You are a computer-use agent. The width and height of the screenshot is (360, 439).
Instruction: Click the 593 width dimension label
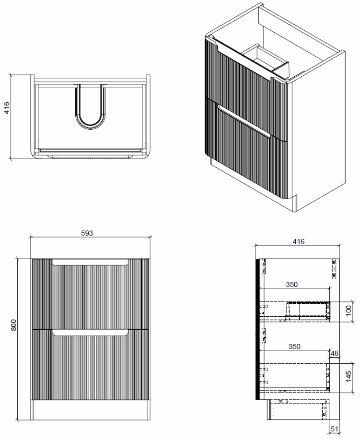pyautogui.click(x=87, y=233)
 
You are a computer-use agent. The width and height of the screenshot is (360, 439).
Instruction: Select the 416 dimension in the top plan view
pyautogui.click(x=6, y=108)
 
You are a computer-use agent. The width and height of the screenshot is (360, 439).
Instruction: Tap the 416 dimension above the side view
pyautogui.click(x=299, y=241)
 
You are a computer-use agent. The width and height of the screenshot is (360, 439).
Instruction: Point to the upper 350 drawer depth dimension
pyautogui.click(x=291, y=285)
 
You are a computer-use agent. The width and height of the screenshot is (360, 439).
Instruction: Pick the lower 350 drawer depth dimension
pyautogui.click(x=294, y=346)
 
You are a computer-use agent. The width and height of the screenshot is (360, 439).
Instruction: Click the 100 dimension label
pyautogui.click(x=348, y=311)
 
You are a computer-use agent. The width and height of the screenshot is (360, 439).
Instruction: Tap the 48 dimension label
pyautogui.click(x=335, y=354)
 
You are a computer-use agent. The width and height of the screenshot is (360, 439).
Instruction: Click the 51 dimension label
pyautogui.click(x=334, y=428)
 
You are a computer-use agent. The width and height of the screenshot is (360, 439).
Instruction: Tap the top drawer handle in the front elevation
pyautogui.click(x=90, y=262)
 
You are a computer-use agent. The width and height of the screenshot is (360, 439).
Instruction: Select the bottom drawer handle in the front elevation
pyautogui.click(x=90, y=332)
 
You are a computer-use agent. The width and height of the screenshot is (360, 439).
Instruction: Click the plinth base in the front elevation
pyautogui.click(x=90, y=410)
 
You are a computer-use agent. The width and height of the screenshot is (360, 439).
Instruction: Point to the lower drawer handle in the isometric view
pyautogui.click(x=244, y=121)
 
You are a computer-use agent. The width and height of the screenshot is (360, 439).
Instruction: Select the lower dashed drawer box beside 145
pyautogui.click(x=294, y=377)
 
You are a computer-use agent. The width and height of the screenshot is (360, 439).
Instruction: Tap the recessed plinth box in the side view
pyautogui.click(x=298, y=410)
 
